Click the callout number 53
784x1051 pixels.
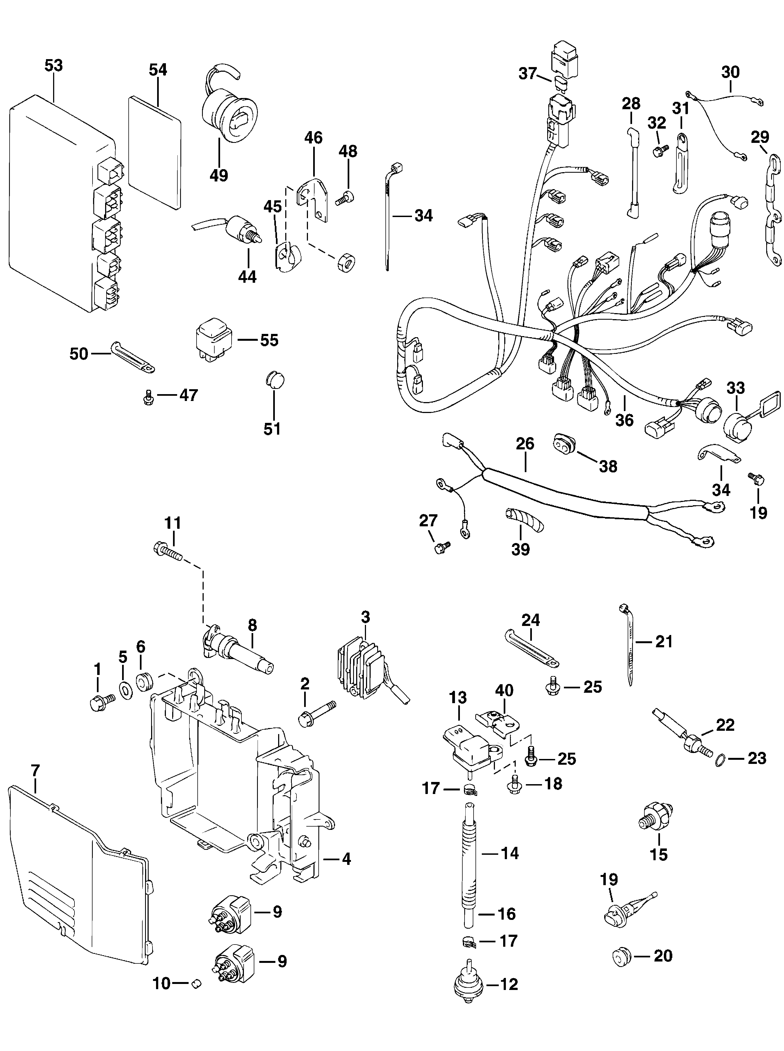pos(54,65)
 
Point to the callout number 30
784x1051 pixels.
pos(730,72)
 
